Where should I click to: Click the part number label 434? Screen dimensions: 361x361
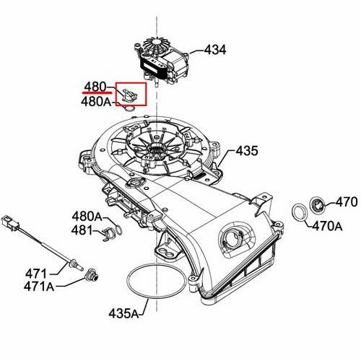tap(215, 50)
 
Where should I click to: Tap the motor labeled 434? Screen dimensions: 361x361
tap(162, 61)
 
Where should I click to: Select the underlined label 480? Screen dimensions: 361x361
tap(95, 87)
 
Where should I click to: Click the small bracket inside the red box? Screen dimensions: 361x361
tap(129, 95)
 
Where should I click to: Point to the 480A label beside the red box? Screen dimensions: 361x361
tap(96, 102)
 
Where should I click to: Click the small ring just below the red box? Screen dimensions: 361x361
tap(129, 110)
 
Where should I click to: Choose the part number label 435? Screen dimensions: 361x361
tap(247, 151)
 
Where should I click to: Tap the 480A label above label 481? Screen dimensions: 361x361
tap(87, 216)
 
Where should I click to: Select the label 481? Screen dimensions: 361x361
tap(82, 230)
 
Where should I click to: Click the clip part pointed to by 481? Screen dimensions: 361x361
tap(108, 234)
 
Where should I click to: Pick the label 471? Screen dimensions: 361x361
tap(36, 274)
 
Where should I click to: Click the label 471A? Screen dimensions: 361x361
tap(39, 287)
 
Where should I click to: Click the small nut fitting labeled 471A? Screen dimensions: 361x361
tap(92, 275)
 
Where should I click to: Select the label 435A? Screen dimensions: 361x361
tap(123, 313)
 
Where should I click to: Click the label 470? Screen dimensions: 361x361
tap(347, 201)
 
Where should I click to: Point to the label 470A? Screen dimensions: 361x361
tap(327, 226)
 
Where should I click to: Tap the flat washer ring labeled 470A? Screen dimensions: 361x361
tap(299, 212)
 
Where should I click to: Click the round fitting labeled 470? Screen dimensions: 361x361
tap(317, 205)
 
